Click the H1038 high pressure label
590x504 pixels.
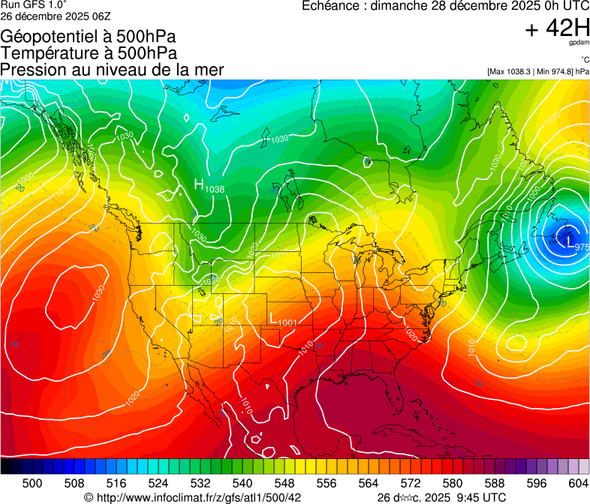tap(209, 186)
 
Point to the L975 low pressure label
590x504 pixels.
tap(576, 245)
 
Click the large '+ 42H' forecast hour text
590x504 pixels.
tap(556, 28)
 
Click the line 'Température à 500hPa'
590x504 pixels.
tap(89, 53)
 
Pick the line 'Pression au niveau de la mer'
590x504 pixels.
tap(112, 70)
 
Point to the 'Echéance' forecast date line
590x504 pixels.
tap(445, 6)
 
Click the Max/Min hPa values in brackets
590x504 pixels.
tap(537, 71)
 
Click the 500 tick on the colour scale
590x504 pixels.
tap(32, 483)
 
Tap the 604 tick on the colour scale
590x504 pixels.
tap(578, 483)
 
